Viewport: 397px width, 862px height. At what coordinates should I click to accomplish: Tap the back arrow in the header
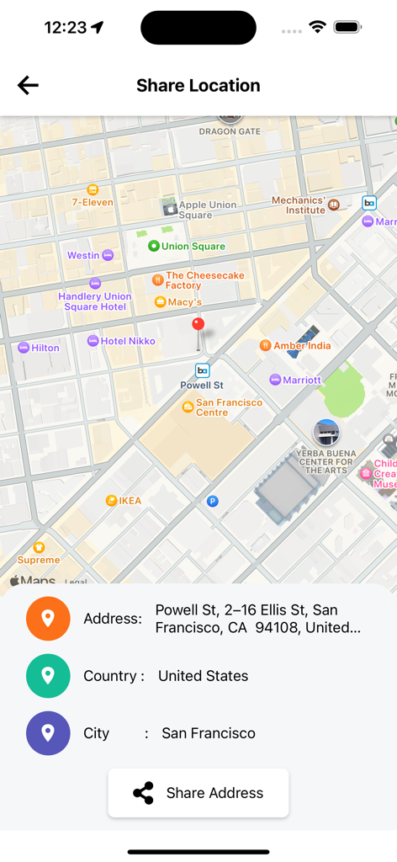coord(28,85)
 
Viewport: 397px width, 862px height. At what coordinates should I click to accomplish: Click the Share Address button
coord(198,793)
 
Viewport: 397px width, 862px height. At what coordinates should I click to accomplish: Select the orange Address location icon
coord(48,619)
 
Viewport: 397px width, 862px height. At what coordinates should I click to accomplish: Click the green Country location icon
coord(48,676)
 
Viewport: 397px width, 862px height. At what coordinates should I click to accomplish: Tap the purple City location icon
coord(48,733)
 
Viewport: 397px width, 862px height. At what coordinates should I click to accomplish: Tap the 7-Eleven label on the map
coord(92,202)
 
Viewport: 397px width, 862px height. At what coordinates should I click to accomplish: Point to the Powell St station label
coord(202,385)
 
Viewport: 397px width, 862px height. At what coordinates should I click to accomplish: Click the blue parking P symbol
coord(213,501)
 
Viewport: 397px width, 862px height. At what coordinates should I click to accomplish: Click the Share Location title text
coord(198,85)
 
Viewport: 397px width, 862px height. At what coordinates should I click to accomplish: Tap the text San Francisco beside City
coord(209,733)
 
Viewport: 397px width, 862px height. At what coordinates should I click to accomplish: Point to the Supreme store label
coord(39,559)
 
